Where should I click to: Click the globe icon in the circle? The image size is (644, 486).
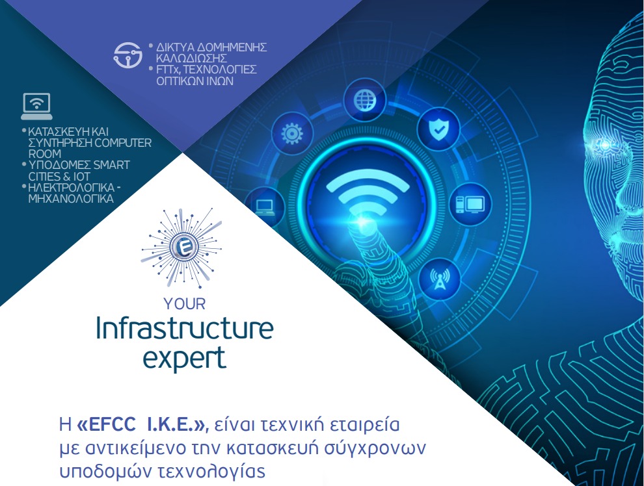(365, 99)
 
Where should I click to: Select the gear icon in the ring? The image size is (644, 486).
(291, 134)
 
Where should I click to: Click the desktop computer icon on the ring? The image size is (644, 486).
(470, 204)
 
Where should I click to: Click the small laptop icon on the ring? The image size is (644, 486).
(265, 207)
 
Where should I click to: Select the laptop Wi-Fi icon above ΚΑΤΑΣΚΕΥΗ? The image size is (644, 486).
(36, 106)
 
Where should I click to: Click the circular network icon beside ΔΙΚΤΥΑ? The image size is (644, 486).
(127, 55)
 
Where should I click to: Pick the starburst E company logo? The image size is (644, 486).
(181, 248)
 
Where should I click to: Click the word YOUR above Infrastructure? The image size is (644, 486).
(184, 304)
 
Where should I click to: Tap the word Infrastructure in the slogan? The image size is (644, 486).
(184, 329)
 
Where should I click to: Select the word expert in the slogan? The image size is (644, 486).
(184, 358)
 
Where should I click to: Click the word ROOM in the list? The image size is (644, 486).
(45, 154)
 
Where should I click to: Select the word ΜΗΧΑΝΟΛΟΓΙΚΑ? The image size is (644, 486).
(71, 199)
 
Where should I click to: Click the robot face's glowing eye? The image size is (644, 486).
(605, 146)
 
